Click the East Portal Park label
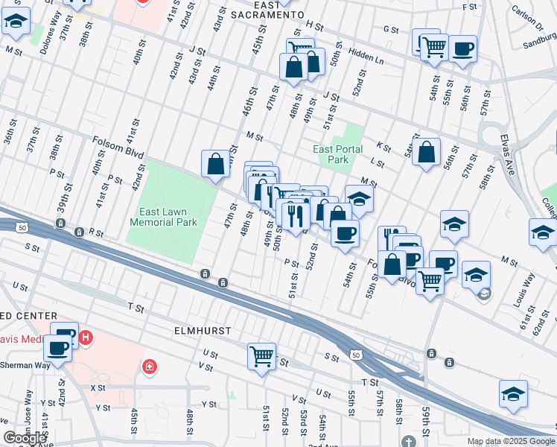338,154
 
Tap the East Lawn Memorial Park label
163,217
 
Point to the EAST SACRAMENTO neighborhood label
267,9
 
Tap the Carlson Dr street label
528,17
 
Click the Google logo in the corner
25,438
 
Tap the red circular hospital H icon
86,337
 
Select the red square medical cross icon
150,367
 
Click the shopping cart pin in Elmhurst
261,356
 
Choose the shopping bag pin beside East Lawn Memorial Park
215,164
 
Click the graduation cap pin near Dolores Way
16,23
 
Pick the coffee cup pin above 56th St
462,49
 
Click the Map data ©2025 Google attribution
510,441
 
